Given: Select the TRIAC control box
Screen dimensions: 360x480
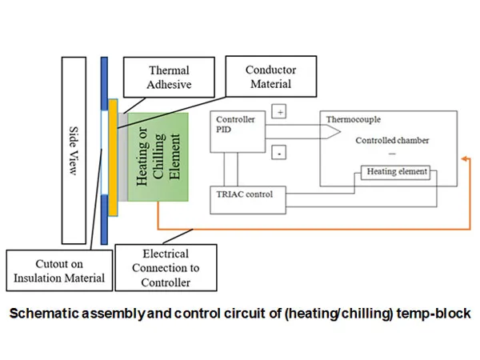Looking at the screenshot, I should [248, 194].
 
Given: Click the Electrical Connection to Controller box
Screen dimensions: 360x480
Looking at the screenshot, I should [166, 267].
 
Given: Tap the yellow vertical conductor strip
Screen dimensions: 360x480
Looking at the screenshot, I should [113, 157].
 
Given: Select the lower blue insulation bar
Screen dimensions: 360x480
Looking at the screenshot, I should [103, 216].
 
